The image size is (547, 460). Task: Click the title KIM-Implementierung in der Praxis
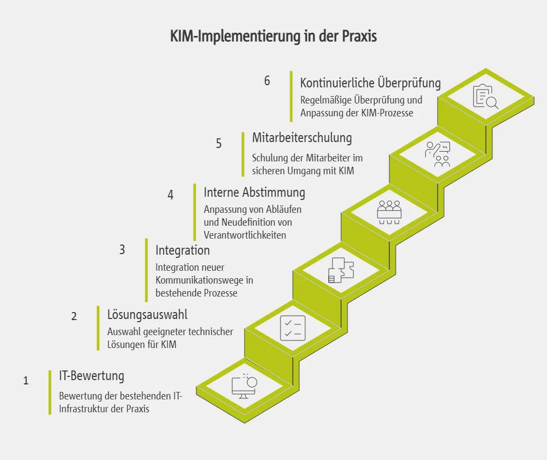coord(273,36)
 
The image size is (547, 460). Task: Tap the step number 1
coord(26,381)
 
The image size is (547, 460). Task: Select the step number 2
coord(74,316)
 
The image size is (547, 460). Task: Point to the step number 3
coord(122,250)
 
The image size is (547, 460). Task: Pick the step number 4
coord(171,195)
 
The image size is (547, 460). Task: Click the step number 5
coord(219,144)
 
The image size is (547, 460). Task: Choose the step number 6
coord(267,81)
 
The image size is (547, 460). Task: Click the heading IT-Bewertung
coord(92,376)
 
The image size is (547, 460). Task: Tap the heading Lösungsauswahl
coord(147,314)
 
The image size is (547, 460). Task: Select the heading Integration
coord(183,250)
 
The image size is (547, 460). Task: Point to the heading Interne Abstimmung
coord(255,192)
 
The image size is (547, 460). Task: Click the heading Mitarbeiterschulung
coord(302,138)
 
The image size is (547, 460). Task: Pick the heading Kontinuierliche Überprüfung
coord(371,83)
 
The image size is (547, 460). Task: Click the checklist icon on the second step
coord(293,328)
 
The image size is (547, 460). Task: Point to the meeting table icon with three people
coord(389,211)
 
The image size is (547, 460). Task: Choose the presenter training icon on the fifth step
coord(438,155)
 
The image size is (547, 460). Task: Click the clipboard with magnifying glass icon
coord(485,97)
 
